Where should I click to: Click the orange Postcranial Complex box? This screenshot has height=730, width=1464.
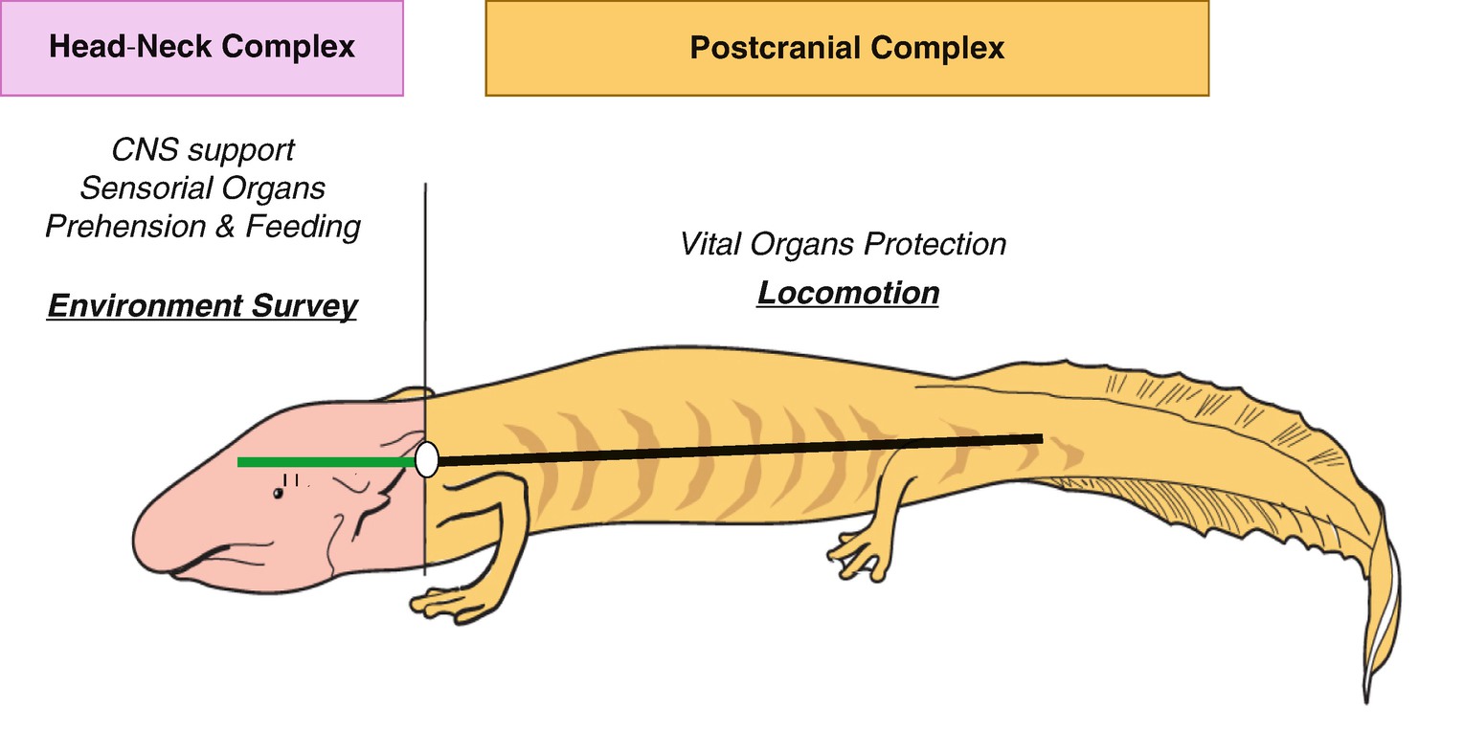(x=846, y=48)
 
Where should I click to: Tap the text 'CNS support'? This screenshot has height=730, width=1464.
(x=203, y=150)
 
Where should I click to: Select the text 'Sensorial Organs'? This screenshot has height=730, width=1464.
(x=203, y=188)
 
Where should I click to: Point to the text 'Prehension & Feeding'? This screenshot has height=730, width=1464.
(x=203, y=227)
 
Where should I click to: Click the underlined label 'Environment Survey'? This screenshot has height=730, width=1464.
(x=202, y=306)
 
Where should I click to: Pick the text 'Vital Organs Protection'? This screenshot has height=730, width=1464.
(x=843, y=244)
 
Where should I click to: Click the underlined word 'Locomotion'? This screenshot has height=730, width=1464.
(x=847, y=292)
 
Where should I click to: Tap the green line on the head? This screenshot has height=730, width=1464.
(x=326, y=462)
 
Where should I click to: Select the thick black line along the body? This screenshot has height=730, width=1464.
(x=737, y=449)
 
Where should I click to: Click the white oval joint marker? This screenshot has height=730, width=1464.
(x=427, y=459)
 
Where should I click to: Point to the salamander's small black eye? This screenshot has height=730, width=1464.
(x=278, y=494)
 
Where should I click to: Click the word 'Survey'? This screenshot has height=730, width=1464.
(x=306, y=306)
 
